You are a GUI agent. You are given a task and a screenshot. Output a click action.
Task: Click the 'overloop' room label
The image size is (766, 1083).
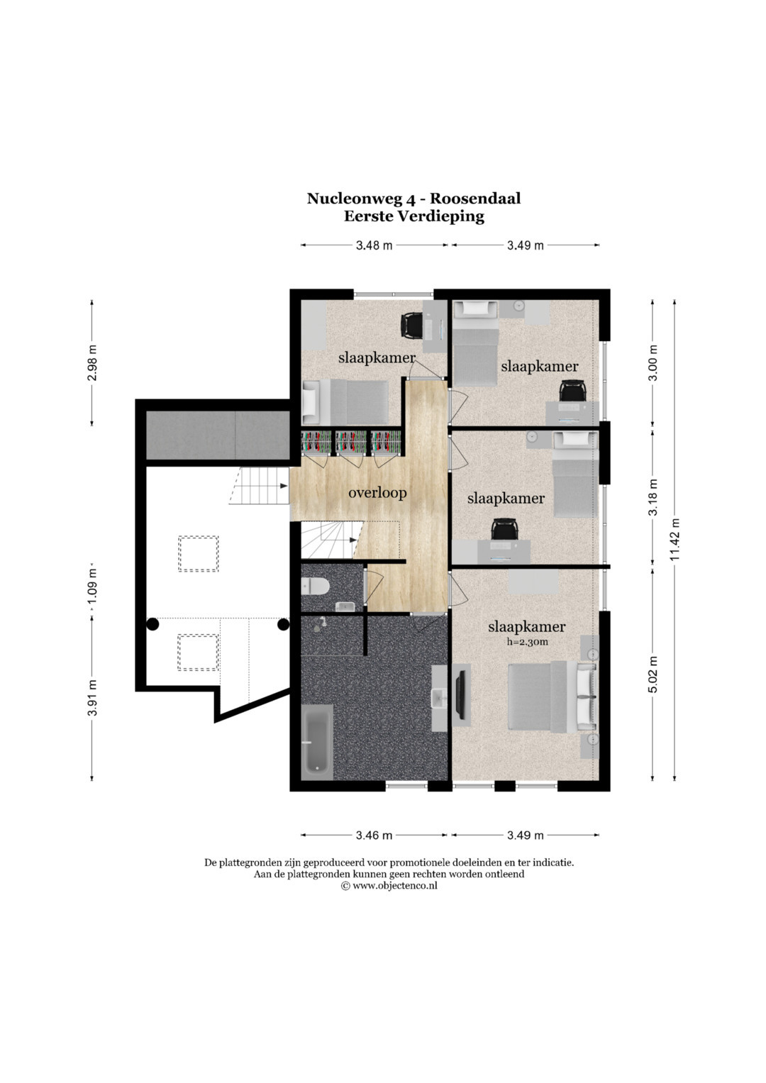[377, 493]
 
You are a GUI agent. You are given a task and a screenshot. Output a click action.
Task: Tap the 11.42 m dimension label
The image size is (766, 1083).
[675, 540]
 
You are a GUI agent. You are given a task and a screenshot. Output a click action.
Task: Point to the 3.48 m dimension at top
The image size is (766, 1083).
[374, 245]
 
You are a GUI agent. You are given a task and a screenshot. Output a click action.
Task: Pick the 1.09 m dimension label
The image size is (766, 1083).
[93, 587]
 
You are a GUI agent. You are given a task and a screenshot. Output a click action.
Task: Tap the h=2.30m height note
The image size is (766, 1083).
[526, 643]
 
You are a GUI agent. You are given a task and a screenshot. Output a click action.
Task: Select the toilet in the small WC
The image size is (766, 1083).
[315, 587]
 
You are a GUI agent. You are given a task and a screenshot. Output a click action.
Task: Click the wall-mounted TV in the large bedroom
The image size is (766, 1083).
[462, 694]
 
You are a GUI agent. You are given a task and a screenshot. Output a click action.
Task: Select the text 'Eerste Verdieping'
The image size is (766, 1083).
[414, 216]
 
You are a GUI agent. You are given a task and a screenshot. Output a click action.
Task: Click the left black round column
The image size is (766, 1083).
[152, 624]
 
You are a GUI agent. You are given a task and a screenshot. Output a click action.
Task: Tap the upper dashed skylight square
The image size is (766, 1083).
[199, 554]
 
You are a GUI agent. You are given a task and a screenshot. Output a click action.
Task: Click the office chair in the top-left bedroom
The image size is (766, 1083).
[413, 325]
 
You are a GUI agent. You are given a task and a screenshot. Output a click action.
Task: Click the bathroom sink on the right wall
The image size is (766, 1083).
[439, 698]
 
